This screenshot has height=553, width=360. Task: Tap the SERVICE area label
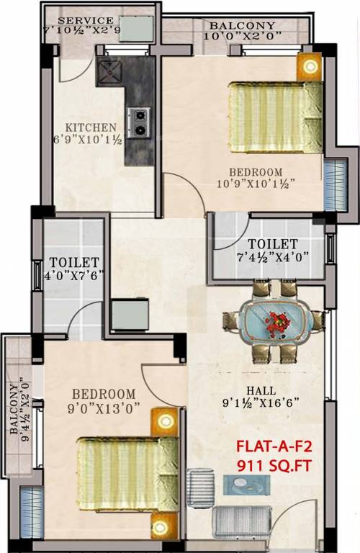85,20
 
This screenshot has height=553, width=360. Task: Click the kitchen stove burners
138,122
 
